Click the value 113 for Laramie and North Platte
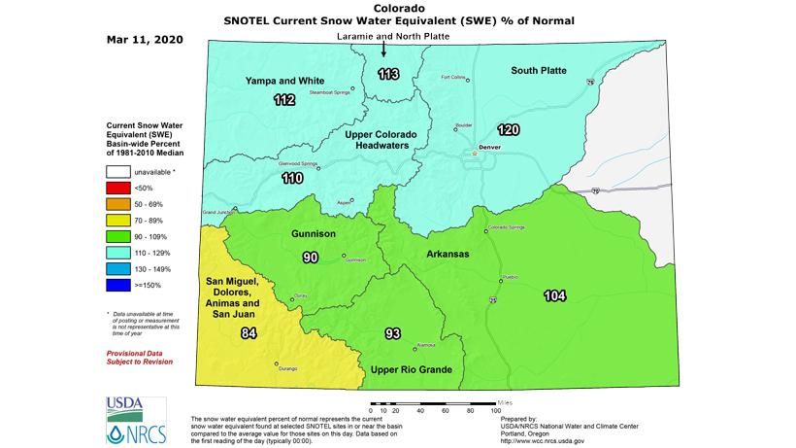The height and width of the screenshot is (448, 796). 387,74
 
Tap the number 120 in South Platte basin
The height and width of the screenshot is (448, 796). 509,129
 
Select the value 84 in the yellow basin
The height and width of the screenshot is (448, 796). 249,333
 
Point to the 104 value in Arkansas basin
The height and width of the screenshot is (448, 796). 555,295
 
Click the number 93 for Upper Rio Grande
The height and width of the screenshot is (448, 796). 393,334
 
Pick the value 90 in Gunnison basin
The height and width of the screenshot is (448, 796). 311,258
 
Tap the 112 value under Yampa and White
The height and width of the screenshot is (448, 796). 283,100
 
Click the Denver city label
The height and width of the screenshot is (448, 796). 488,146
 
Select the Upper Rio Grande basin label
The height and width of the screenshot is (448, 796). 407,369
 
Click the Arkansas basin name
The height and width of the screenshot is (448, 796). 448,254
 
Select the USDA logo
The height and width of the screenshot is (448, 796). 123,406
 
